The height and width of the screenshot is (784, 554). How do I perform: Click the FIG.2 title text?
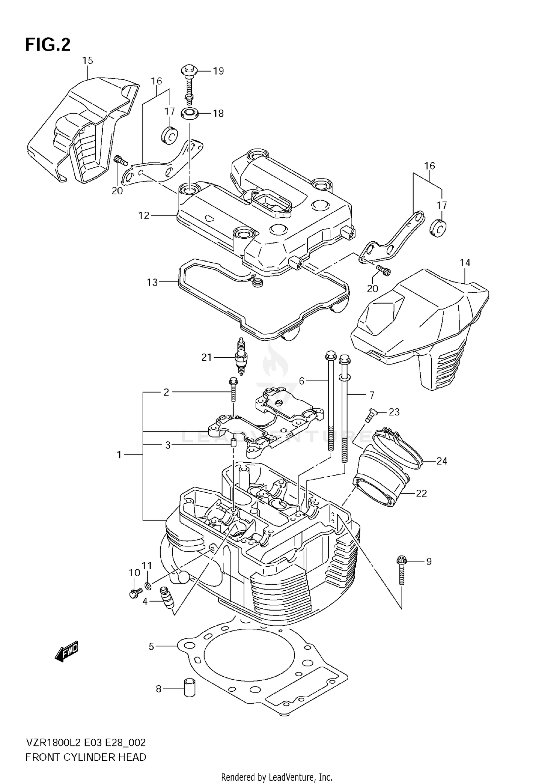click(x=48, y=45)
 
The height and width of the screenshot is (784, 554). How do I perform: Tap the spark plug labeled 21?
click(x=240, y=356)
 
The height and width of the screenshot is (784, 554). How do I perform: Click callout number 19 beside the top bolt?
click(x=218, y=71)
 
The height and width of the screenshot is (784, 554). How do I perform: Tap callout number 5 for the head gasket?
click(x=151, y=646)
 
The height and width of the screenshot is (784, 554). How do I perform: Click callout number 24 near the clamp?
click(x=442, y=461)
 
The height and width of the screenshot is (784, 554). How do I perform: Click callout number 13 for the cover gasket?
click(x=152, y=282)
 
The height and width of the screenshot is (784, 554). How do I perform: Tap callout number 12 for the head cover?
click(x=144, y=215)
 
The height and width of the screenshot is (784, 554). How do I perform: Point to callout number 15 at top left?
click(x=88, y=61)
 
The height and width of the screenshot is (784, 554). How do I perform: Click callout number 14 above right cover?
click(x=465, y=263)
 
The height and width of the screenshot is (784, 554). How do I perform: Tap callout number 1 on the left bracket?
click(x=119, y=455)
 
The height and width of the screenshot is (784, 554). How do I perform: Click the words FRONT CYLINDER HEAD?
click(x=86, y=757)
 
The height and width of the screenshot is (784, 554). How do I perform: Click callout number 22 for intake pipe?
click(x=421, y=493)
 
